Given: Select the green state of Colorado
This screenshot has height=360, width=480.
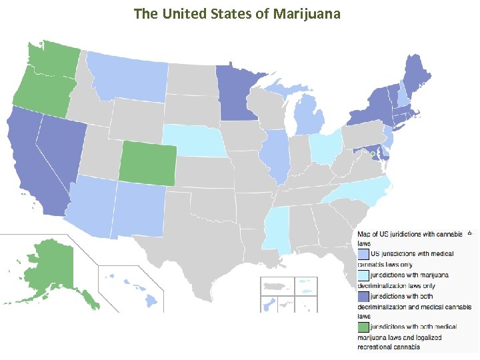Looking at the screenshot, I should click(x=148, y=163).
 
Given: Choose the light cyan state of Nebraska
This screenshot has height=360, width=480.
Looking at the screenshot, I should click(x=197, y=141).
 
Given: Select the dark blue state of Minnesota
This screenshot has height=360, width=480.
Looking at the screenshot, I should click(x=237, y=93).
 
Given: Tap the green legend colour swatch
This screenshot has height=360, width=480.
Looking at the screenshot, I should click(x=363, y=327).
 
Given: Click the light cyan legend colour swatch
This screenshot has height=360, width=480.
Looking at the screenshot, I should click(x=363, y=274).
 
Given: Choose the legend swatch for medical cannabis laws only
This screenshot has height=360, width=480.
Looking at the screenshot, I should click(x=363, y=254).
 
